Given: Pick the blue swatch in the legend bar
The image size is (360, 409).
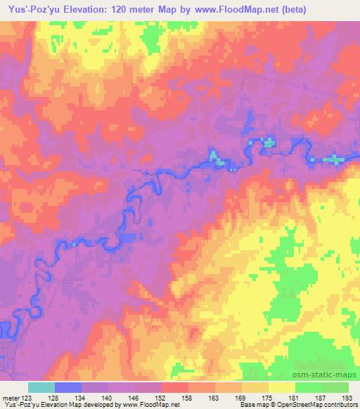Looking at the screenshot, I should (x=68, y=387).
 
